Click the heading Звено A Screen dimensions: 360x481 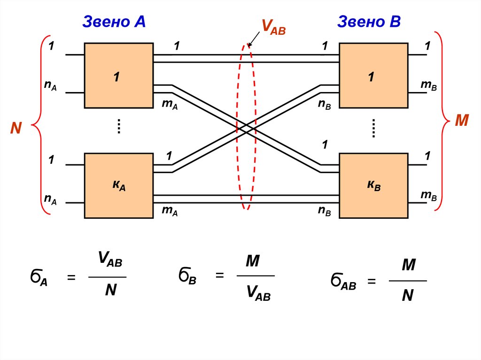[114, 22]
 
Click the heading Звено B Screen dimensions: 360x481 [369, 22]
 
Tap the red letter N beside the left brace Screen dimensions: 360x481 [16, 128]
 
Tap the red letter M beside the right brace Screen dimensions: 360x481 [462, 121]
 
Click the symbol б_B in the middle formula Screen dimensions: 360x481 [187, 276]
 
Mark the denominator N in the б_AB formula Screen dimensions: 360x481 [407, 295]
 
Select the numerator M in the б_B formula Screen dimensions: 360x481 [253, 260]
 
